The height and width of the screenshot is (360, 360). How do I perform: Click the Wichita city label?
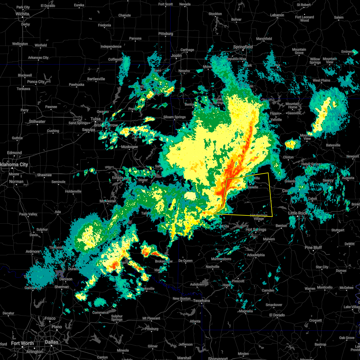(22, 14)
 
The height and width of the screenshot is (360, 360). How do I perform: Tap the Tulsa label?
(95, 119)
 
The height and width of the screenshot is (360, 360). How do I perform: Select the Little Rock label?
(298, 213)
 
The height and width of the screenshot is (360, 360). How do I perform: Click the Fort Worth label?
(22, 343)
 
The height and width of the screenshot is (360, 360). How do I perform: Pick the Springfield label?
(243, 47)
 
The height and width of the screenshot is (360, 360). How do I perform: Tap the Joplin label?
(176, 55)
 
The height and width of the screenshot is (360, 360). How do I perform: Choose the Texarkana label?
(201, 301)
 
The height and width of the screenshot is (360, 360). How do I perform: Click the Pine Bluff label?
(313, 247)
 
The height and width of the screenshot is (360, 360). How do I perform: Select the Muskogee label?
(129, 147)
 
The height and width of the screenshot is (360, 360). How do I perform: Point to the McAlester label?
(108, 201)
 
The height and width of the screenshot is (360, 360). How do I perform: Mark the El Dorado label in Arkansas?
(277, 315)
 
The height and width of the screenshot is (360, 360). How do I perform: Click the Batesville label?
(333, 145)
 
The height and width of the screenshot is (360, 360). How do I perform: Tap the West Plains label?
(321, 80)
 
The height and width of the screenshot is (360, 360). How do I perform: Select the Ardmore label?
(33, 251)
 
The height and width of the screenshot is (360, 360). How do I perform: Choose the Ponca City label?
(36, 82)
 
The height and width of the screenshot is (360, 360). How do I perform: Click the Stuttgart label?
(338, 230)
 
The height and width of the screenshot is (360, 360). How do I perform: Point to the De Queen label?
(185, 261)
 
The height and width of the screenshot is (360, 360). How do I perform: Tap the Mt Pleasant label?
(151, 318)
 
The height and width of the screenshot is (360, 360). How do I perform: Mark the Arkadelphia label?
(256, 255)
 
